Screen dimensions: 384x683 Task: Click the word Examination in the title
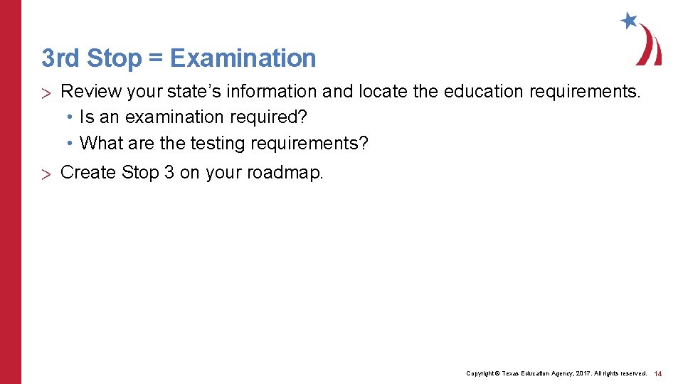click(x=243, y=58)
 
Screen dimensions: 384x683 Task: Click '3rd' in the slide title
click(x=59, y=58)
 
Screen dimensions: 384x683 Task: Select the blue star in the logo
click(x=629, y=21)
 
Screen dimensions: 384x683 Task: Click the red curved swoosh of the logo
click(x=650, y=46)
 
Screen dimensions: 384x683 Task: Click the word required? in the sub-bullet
click(x=273, y=117)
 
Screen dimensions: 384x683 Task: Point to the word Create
click(x=89, y=173)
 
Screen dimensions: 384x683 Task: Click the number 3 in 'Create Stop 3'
click(x=169, y=173)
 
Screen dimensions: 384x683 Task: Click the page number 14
click(x=658, y=373)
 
